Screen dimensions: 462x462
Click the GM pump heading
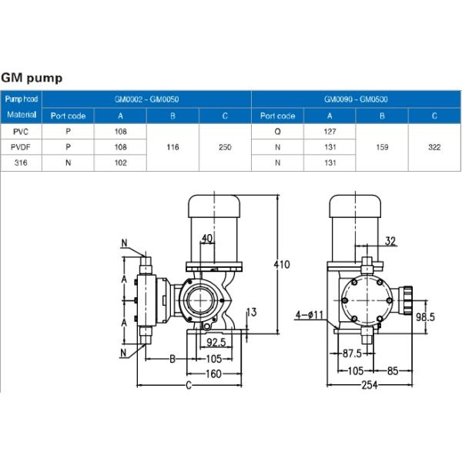tap(32, 78)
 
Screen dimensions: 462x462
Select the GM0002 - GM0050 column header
tap(147, 99)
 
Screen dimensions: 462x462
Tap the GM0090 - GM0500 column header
tap(356, 99)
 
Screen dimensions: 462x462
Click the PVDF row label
tap(21, 147)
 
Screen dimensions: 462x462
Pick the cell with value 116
tap(172, 147)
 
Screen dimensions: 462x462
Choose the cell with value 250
tap(225, 147)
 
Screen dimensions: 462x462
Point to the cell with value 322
tap(434, 147)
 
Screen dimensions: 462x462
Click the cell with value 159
tap(382, 147)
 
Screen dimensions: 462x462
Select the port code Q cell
tap(277, 132)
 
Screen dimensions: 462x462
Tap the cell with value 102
tap(121, 162)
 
